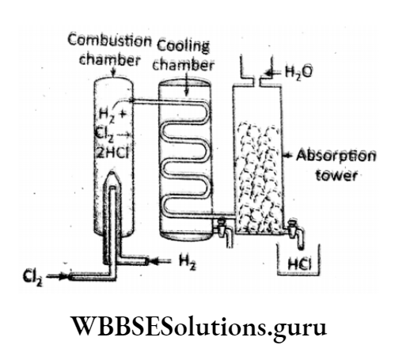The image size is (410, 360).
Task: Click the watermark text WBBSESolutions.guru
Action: pyautogui.click(x=204, y=326)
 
